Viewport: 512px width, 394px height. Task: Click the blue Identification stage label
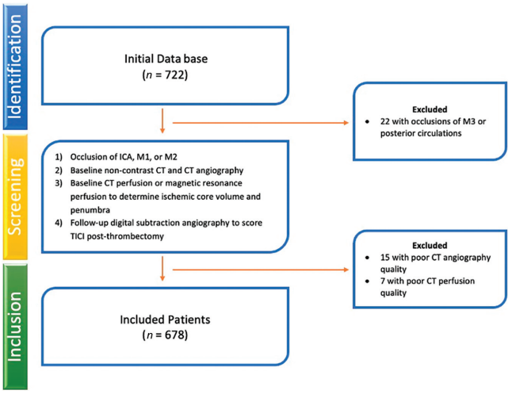tap(15, 67)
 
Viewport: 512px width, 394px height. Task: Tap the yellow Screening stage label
tap(15, 197)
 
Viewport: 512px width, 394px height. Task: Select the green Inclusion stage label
tap(15, 327)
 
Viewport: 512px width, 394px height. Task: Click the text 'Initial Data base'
tap(166, 59)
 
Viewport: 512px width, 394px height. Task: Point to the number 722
tap(175, 75)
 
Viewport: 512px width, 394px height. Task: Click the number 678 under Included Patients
tap(175, 335)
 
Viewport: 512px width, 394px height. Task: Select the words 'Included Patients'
tap(165, 319)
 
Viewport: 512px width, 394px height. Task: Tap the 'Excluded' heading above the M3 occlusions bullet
tap(430, 109)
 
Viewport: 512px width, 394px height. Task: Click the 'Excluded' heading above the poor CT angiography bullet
tap(430, 245)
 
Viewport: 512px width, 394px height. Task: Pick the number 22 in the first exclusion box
tap(385, 121)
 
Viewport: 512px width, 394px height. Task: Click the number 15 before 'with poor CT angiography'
tap(385, 258)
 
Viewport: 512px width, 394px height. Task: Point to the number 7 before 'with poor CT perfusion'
tap(383, 281)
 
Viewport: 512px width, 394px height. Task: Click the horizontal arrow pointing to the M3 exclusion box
tap(261, 123)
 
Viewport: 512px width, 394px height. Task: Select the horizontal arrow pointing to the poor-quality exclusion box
tap(261, 270)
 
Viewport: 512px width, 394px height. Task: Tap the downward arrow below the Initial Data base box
tap(162, 120)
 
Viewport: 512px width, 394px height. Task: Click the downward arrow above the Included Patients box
tap(162, 269)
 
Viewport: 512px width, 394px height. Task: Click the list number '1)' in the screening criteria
tap(59, 157)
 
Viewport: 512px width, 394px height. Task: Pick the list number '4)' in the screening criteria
tap(59, 223)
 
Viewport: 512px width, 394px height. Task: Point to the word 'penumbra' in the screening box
tap(90, 210)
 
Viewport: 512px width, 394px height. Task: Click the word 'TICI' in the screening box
tap(78, 236)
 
